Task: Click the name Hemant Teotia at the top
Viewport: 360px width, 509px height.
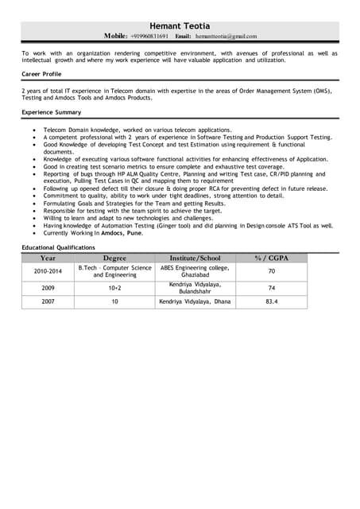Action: pos(180,26)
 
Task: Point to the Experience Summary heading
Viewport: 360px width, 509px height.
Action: pos(52,112)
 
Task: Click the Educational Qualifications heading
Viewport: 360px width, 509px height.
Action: pos(58,247)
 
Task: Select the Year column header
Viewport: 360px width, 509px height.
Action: pos(48,258)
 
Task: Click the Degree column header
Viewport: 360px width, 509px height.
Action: pos(114,258)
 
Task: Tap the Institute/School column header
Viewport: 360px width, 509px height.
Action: pos(195,258)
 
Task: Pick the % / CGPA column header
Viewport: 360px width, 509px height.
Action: pos(271,258)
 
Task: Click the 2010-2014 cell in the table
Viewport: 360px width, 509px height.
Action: pos(48,271)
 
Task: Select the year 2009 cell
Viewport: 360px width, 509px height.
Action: pos(48,288)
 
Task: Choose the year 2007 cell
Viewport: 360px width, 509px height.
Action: pos(48,302)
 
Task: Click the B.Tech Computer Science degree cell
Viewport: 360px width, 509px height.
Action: pos(114,271)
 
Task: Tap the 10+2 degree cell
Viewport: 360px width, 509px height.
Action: pos(114,288)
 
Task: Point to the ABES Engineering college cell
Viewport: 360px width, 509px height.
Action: pos(195,271)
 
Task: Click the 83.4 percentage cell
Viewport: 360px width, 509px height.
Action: pos(271,302)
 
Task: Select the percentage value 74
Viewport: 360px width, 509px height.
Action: pos(271,288)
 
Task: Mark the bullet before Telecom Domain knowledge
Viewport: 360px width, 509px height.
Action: pos(33,130)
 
